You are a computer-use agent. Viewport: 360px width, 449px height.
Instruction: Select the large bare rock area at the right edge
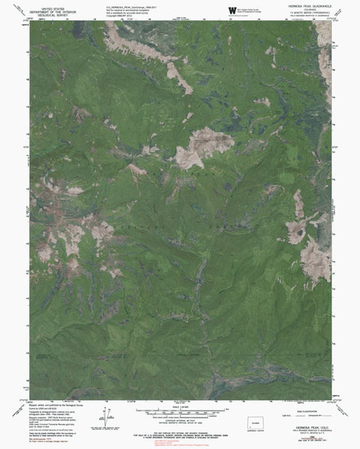[x=315, y=259]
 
